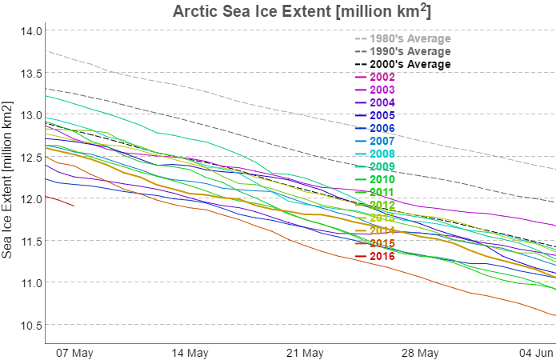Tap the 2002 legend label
click(x=382, y=77)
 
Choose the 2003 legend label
click(x=382, y=90)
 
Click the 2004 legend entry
click(x=382, y=102)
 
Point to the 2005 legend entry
click(x=382, y=115)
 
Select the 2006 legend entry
click(x=382, y=128)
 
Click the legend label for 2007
click(x=382, y=141)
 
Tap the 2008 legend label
click(x=382, y=154)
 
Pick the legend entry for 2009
click(x=382, y=166)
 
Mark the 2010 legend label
click(x=382, y=179)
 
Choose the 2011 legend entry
click(x=382, y=192)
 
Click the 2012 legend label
click(x=382, y=205)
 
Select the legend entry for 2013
click(x=382, y=218)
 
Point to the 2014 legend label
click(x=382, y=230)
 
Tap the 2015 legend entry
click(x=382, y=243)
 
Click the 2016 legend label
click(x=382, y=256)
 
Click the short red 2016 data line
click(x=60, y=201)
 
